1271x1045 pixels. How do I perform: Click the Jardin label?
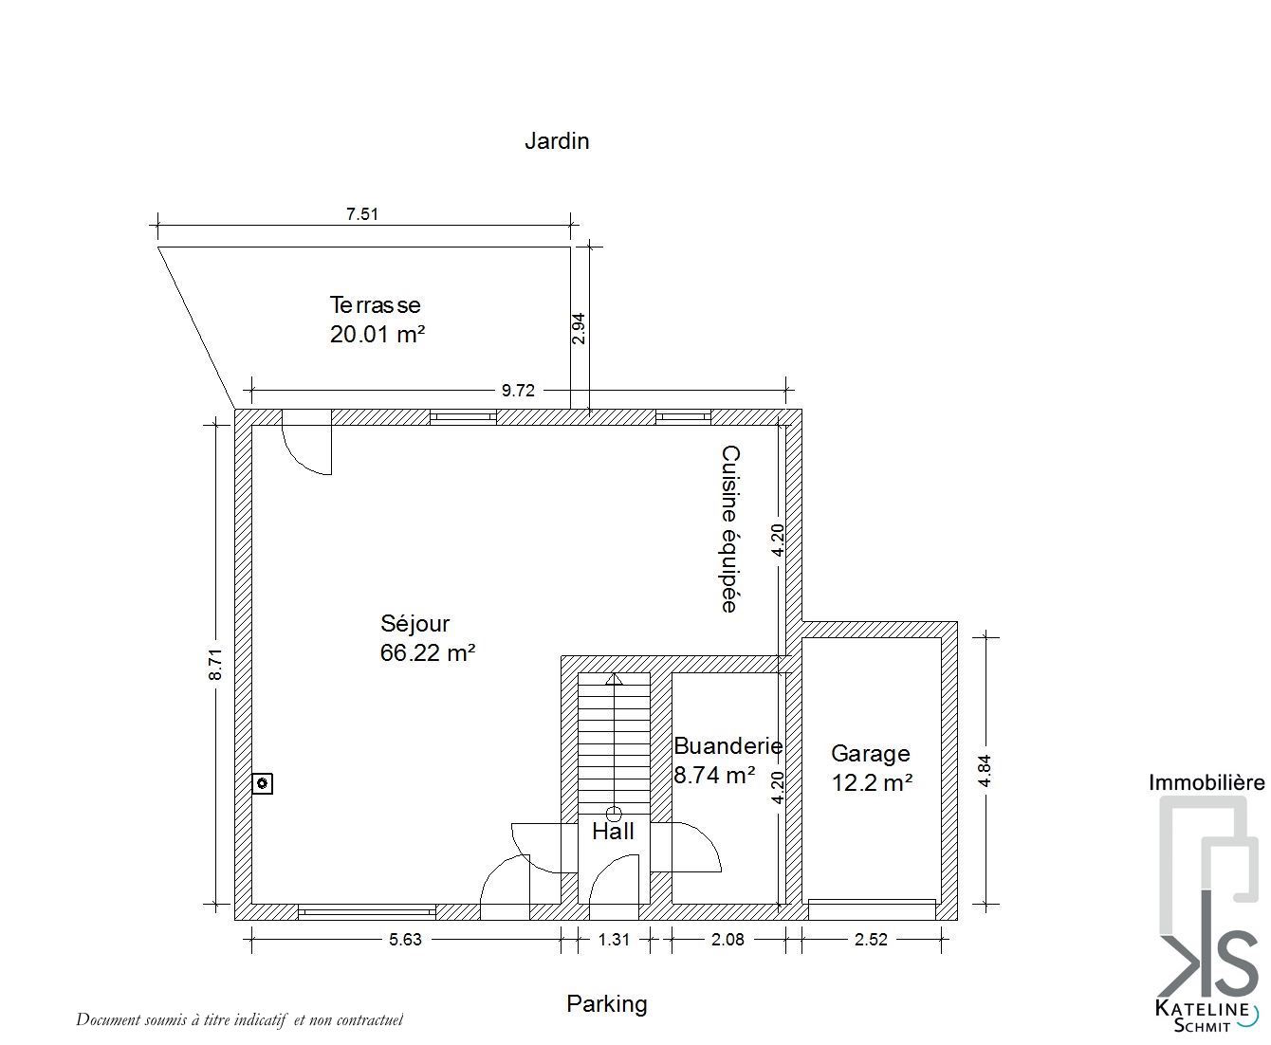556,141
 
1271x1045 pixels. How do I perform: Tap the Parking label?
606,1003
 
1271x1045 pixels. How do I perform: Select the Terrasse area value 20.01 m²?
378,334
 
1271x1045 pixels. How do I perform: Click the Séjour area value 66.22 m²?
427,652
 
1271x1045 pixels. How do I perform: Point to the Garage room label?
870,753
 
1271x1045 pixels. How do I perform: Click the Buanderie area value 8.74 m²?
715,775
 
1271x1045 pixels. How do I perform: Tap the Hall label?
613,832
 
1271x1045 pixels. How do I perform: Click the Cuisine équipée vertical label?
729,529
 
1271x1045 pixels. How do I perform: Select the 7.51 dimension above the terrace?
362,214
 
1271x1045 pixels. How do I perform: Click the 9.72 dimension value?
518,391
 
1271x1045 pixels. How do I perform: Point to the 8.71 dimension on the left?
215,664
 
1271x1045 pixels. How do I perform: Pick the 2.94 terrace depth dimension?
578,328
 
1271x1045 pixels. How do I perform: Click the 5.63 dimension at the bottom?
405,939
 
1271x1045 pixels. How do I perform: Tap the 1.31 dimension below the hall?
614,939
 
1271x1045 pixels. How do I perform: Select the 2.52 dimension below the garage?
871,939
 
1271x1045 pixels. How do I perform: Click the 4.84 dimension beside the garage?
985,771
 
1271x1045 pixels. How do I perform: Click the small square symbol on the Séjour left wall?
262,783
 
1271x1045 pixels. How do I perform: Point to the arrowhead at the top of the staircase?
614,679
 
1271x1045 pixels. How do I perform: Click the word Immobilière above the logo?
1207,782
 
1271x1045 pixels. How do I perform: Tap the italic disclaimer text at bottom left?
239,1019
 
